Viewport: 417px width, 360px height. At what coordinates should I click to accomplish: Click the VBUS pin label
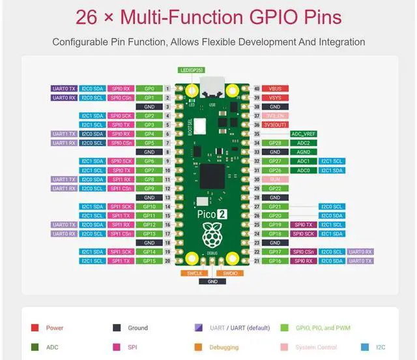click(275, 88)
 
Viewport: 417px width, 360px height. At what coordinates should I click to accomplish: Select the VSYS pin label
click(275, 97)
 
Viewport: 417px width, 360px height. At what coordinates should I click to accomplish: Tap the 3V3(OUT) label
click(275, 125)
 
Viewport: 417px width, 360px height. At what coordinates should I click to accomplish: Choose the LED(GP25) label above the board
click(192, 69)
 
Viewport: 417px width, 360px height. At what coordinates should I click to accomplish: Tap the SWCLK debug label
click(194, 273)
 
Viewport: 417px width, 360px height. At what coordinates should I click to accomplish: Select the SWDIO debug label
click(231, 273)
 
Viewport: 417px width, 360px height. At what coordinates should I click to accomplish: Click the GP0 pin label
click(149, 88)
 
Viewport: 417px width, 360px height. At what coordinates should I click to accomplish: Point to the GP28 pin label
click(275, 143)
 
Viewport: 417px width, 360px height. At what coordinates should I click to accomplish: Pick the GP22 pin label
click(275, 188)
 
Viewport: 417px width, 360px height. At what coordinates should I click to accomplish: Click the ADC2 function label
click(304, 143)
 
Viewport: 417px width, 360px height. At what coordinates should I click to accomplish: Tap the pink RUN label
click(275, 179)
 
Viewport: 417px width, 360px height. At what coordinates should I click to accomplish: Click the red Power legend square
click(35, 328)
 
